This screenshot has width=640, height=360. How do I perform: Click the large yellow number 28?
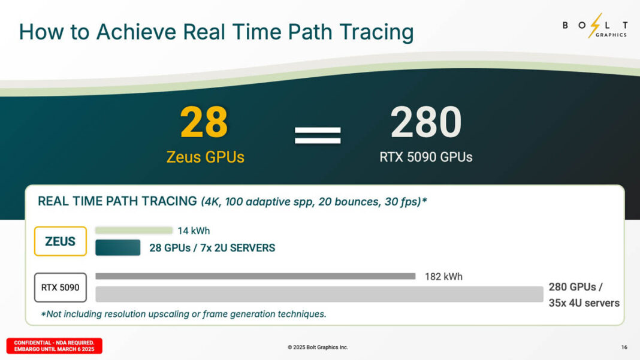[204, 122]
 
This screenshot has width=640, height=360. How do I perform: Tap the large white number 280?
[426, 122]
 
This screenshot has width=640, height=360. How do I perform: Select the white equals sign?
[318, 135]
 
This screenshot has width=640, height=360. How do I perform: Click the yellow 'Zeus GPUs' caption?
[205, 157]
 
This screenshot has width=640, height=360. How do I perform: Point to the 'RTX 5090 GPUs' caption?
[426, 157]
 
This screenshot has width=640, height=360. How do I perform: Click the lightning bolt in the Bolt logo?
[595, 25]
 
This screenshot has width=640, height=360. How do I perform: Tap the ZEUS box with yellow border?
[61, 241]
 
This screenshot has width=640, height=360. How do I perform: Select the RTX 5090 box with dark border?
[60, 288]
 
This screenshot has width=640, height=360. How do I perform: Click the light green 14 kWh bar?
[134, 231]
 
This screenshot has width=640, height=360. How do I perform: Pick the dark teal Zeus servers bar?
[117, 247]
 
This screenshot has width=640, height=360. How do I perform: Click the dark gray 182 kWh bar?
[255, 276]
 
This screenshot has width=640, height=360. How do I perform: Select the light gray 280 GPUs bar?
[319, 294]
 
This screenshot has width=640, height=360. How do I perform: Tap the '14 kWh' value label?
[194, 231]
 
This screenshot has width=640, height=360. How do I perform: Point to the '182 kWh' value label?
[443, 277]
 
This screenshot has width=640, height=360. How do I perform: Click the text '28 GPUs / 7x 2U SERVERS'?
[212, 248]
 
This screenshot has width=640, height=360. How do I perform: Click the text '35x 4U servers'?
[584, 303]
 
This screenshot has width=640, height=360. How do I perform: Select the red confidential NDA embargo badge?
[55, 346]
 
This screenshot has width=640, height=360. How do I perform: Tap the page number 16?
[624, 347]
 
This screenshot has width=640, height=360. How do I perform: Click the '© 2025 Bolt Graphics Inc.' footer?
[318, 347]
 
